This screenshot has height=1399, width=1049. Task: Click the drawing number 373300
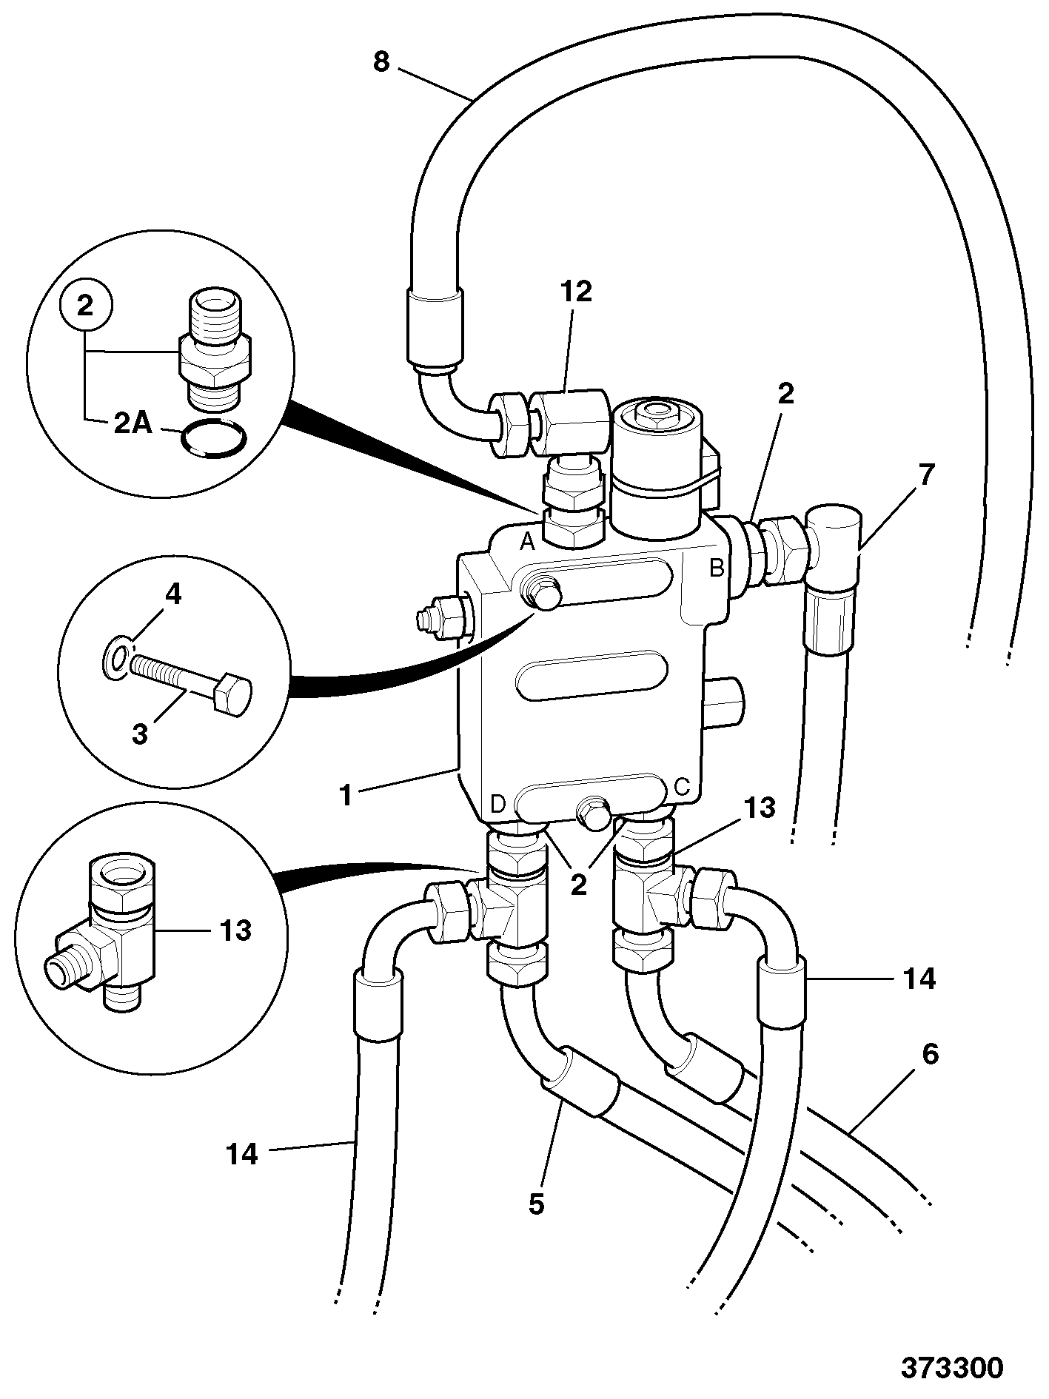tap(952, 1367)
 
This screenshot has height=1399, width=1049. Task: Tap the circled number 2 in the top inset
tap(86, 306)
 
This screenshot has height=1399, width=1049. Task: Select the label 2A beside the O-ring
tap(133, 425)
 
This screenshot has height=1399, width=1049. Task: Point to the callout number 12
tap(577, 292)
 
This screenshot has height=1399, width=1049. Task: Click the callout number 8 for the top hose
tap(381, 62)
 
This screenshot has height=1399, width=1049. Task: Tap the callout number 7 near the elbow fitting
tap(926, 474)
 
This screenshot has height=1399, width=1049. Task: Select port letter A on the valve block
tap(527, 542)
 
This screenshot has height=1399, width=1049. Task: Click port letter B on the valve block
tap(717, 568)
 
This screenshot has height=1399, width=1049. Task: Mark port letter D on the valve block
tap(498, 803)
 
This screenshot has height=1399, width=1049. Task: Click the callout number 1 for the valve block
tap(346, 795)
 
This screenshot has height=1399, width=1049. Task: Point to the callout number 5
tap(536, 1204)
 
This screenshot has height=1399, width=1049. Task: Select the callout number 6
tap(930, 1053)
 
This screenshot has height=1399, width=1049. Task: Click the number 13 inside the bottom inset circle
tap(235, 930)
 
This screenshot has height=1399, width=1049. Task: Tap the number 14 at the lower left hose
tap(242, 1154)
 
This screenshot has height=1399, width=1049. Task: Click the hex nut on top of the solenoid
tap(655, 412)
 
